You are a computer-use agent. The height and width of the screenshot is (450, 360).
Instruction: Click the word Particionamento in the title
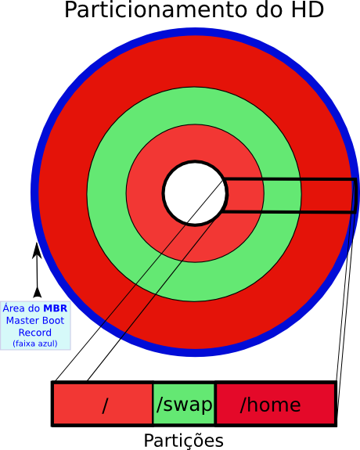pyautogui.click(x=156, y=9)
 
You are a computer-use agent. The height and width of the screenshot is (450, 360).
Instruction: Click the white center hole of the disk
pyautogui.click(x=195, y=193)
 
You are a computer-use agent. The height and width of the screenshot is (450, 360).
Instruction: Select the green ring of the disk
pyautogui.click(x=194, y=106)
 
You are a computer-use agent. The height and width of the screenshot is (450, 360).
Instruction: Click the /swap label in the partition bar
pyautogui.click(x=185, y=405)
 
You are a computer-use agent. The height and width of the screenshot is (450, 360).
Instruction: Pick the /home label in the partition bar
pyautogui.click(x=271, y=405)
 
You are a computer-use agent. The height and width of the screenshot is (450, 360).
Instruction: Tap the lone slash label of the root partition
pyautogui.click(x=105, y=405)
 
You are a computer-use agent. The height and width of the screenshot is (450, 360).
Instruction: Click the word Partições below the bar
pyautogui.click(x=183, y=440)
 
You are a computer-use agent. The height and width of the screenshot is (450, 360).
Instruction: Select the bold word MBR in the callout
pyautogui.click(x=55, y=308)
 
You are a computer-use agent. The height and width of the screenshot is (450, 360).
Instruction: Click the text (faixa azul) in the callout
pyautogui.click(x=35, y=344)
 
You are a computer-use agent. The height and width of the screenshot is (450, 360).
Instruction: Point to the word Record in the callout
pyautogui.click(x=35, y=333)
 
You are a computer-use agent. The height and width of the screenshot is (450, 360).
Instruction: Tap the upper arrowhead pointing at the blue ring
pyautogui.click(x=37, y=250)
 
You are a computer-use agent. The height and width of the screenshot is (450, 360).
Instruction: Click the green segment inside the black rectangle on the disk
pyautogui.click(x=282, y=196)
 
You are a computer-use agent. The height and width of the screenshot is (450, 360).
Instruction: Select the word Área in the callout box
pyautogui.click(x=14, y=308)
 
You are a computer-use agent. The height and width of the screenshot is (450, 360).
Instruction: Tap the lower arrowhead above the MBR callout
pyautogui.click(x=37, y=292)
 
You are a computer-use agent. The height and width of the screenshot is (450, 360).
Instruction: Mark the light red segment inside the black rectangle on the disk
pyautogui.click(x=245, y=196)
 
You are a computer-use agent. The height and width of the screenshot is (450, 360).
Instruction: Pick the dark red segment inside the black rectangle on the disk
pyautogui.click(x=326, y=196)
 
